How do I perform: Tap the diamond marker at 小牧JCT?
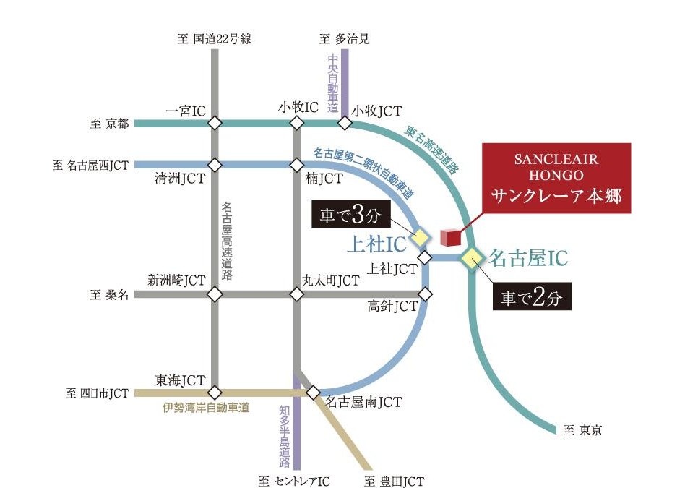(x=345, y=124)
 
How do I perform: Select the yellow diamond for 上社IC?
(x=420, y=237)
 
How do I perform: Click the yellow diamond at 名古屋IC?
(x=472, y=257)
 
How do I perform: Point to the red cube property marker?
(x=449, y=237)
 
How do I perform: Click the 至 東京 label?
(x=582, y=431)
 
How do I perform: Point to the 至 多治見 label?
(x=344, y=38)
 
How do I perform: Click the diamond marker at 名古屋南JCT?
(x=313, y=393)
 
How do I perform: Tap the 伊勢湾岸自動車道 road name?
(x=206, y=408)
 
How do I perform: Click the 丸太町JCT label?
(x=330, y=280)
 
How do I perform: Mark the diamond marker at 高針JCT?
(x=426, y=294)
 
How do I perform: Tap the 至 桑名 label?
(x=110, y=295)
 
